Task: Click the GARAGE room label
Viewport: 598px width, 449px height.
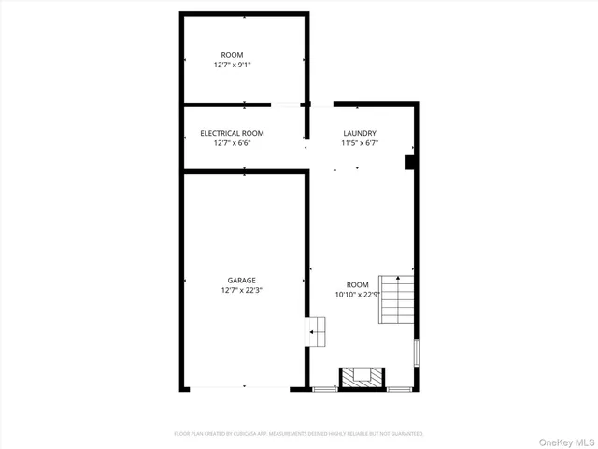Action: coord(241,280)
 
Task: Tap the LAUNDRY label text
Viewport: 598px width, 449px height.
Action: coord(360,134)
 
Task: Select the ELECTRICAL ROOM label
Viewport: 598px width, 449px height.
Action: coord(232,134)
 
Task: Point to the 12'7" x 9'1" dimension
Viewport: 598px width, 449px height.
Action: coord(232,65)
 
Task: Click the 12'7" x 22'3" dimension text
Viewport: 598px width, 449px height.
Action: coord(241,290)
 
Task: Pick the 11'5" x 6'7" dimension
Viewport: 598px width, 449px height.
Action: coord(360,143)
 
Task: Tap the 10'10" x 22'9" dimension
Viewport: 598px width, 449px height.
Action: coord(358,295)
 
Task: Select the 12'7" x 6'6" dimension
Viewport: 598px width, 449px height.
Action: coord(232,143)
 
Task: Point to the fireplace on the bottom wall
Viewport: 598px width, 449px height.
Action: coord(361,377)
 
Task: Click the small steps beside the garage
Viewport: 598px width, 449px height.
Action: coord(318,329)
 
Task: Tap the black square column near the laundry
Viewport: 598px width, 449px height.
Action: coord(409,163)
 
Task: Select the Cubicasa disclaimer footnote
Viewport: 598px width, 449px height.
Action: coord(299,434)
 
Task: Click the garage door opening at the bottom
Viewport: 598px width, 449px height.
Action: coord(244,387)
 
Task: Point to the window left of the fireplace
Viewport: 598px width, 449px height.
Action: coord(325,388)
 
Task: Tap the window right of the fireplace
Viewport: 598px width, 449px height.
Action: coord(399,388)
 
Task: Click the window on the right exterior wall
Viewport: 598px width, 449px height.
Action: coord(416,352)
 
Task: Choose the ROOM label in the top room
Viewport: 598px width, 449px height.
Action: coord(232,55)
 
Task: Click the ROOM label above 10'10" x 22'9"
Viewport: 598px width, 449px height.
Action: coord(358,284)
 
